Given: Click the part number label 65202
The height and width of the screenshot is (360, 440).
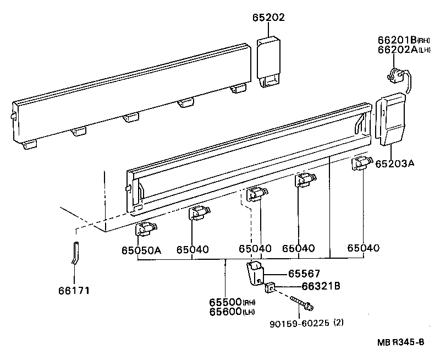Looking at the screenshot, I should [x=269, y=18].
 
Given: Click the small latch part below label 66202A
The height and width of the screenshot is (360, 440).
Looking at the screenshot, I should [x=399, y=77].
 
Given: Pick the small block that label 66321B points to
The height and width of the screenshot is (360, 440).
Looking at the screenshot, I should [x=269, y=287].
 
